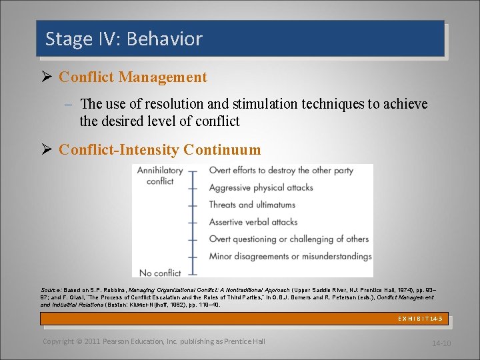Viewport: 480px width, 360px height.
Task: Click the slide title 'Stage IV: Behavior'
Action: (123, 39)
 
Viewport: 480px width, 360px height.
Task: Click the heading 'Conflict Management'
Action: (133, 77)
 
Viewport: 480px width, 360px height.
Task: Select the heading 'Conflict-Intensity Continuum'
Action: (159, 150)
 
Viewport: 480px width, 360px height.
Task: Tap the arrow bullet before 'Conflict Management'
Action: (47, 77)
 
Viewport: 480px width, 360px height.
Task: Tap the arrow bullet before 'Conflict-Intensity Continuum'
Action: (47, 150)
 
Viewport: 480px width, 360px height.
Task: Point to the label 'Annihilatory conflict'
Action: (160, 175)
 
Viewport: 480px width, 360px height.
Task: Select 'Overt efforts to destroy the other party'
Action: (281, 171)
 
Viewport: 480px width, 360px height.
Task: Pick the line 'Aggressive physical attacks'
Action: (261, 187)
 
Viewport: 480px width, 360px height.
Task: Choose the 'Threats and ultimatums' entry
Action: (253, 205)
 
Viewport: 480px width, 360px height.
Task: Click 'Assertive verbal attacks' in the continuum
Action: (253, 222)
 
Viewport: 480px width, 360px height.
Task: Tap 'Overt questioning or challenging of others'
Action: (289, 239)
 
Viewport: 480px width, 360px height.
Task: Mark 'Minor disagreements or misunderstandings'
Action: (290, 256)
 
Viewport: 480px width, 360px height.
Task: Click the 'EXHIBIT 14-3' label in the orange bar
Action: (419, 319)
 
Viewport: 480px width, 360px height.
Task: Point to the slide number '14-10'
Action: (441, 343)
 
